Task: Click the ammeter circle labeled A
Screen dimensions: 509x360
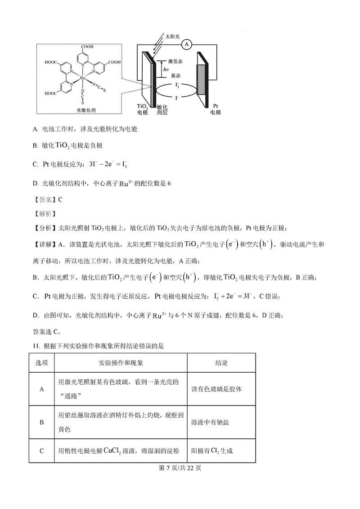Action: point(187,44)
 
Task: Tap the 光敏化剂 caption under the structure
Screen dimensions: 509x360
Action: point(79,110)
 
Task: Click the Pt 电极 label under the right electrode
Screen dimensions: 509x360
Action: point(216,109)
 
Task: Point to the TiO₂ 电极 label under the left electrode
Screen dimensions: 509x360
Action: point(142,109)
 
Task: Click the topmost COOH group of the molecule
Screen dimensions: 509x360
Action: point(87,47)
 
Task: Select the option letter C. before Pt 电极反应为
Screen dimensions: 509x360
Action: point(35,165)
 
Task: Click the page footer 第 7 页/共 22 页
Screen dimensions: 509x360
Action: point(180,468)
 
